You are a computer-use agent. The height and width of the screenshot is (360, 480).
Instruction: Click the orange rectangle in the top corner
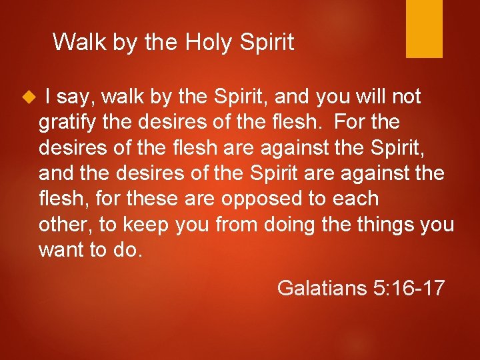point(424,28)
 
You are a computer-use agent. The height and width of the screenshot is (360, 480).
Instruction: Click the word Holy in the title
point(208,43)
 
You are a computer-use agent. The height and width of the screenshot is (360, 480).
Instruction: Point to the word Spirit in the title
point(267,43)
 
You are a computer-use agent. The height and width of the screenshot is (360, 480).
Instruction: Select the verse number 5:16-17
point(408,288)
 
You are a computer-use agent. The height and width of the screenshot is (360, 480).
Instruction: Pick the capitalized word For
point(351,123)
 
